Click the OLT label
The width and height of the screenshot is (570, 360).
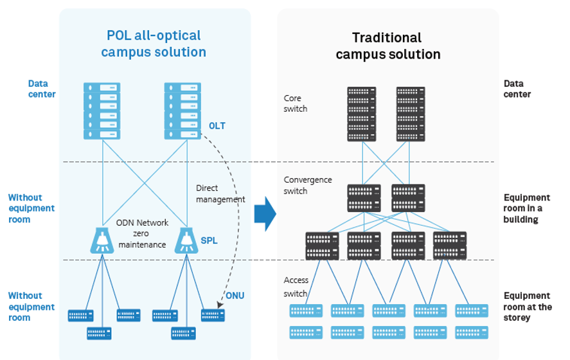pyautogui.click(x=217, y=126)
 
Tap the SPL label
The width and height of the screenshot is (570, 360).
pyautogui.click(x=209, y=240)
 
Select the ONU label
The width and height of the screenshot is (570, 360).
pyautogui.click(x=235, y=296)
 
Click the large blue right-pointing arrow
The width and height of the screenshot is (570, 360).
pyautogui.click(x=265, y=214)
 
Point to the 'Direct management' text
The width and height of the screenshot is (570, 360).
pyautogui.click(x=220, y=194)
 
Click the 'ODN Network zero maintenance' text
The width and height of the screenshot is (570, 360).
pyautogui.click(x=142, y=233)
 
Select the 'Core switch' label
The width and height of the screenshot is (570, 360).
pyautogui.click(x=295, y=104)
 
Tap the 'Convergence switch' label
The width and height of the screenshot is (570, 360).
pyautogui.click(x=308, y=185)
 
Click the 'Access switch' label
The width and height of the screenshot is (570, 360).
pyautogui.click(x=296, y=287)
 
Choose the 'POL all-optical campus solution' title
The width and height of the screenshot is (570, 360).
pyautogui.click(x=154, y=44)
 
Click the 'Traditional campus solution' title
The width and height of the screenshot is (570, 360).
pyautogui.click(x=388, y=46)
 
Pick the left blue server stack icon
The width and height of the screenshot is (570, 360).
pyautogui.click(x=102, y=111)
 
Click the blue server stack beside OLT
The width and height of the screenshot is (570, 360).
pyautogui.click(x=183, y=111)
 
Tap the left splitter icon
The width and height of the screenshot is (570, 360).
pyautogui.click(x=102, y=240)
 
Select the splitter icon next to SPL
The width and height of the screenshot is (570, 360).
pyautogui.click(x=186, y=240)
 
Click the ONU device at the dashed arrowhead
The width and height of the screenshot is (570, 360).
pyautogui.click(x=213, y=315)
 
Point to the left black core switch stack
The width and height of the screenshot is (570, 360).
pyautogui.click(x=361, y=114)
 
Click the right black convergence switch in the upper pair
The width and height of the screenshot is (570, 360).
pyautogui.click(x=408, y=198)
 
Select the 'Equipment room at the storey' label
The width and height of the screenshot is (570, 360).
pyautogui.click(x=528, y=307)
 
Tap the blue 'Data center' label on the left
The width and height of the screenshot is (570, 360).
pyautogui.click(x=42, y=89)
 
